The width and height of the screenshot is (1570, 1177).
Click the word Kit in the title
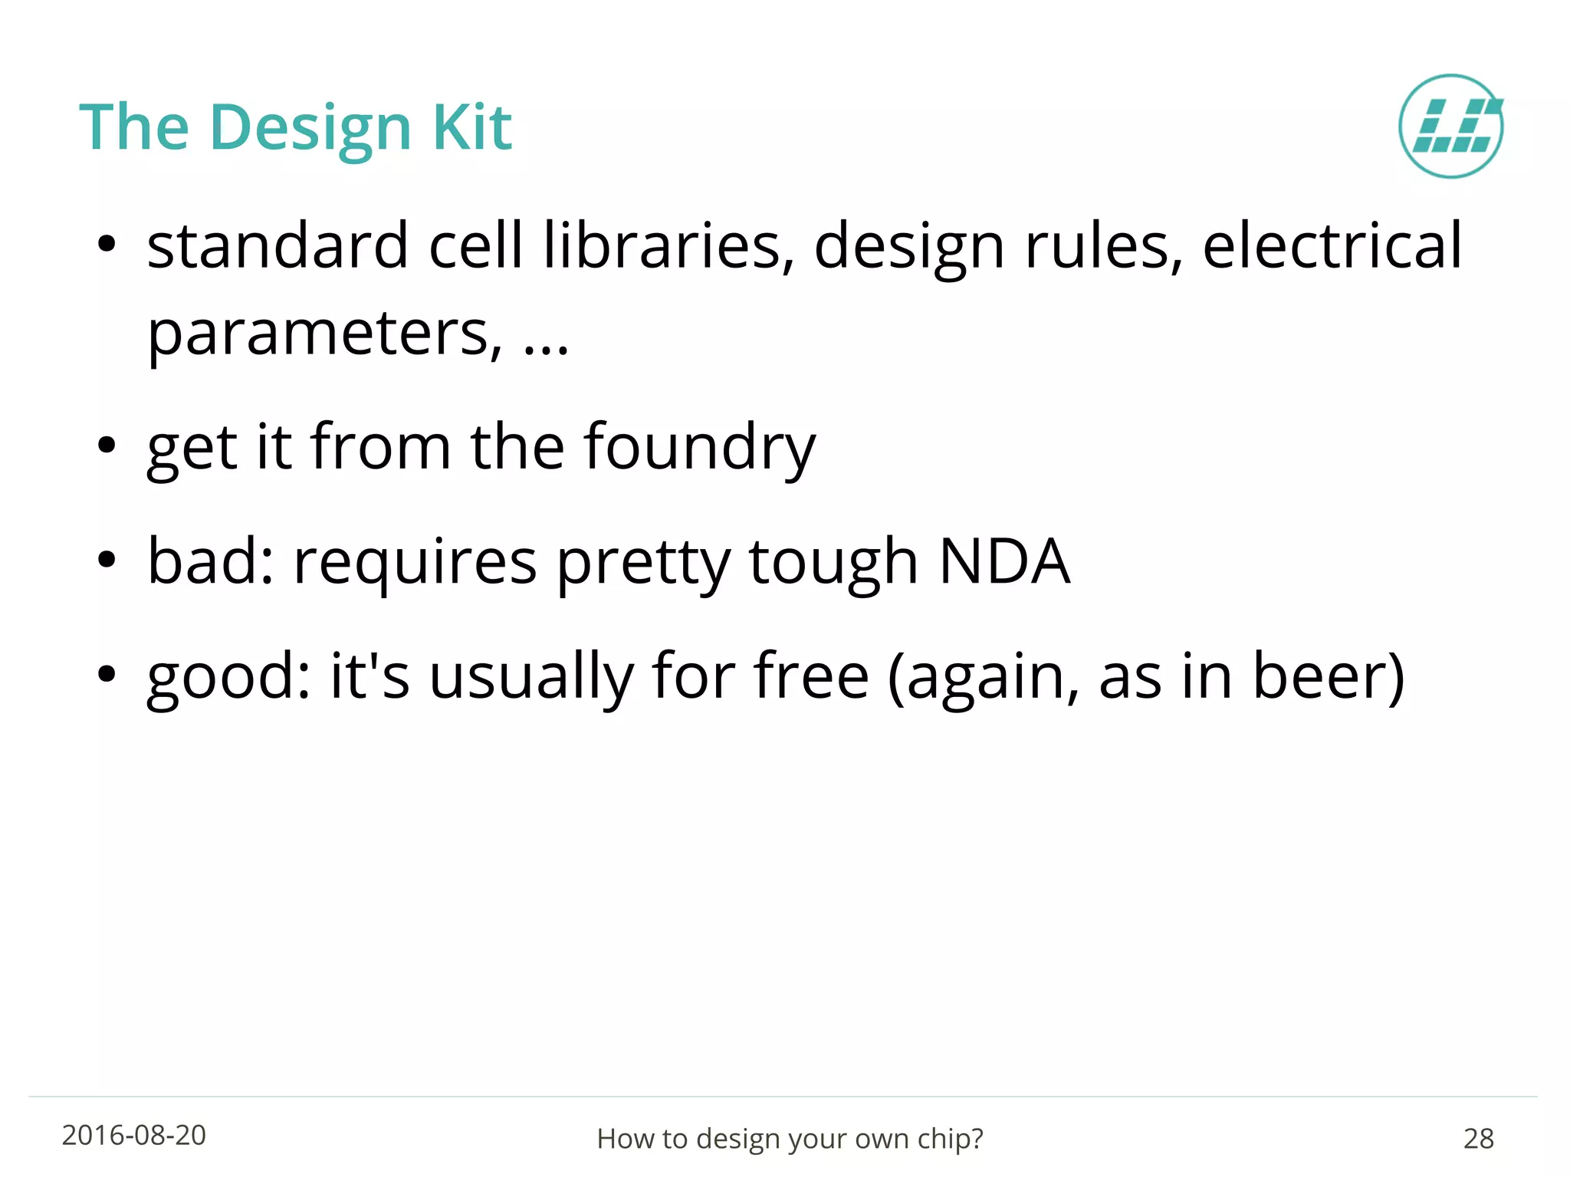point(471,127)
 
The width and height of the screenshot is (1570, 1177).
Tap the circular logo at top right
point(1450,127)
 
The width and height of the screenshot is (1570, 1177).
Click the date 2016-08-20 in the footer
point(134,1135)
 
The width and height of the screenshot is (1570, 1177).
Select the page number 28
point(1478,1139)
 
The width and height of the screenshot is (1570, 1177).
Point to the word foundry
point(699,448)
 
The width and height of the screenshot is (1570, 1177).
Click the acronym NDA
point(1003,561)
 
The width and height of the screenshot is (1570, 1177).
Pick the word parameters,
point(325,334)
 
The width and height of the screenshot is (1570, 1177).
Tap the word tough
point(833,563)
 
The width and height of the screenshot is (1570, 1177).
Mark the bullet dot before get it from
point(107,445)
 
